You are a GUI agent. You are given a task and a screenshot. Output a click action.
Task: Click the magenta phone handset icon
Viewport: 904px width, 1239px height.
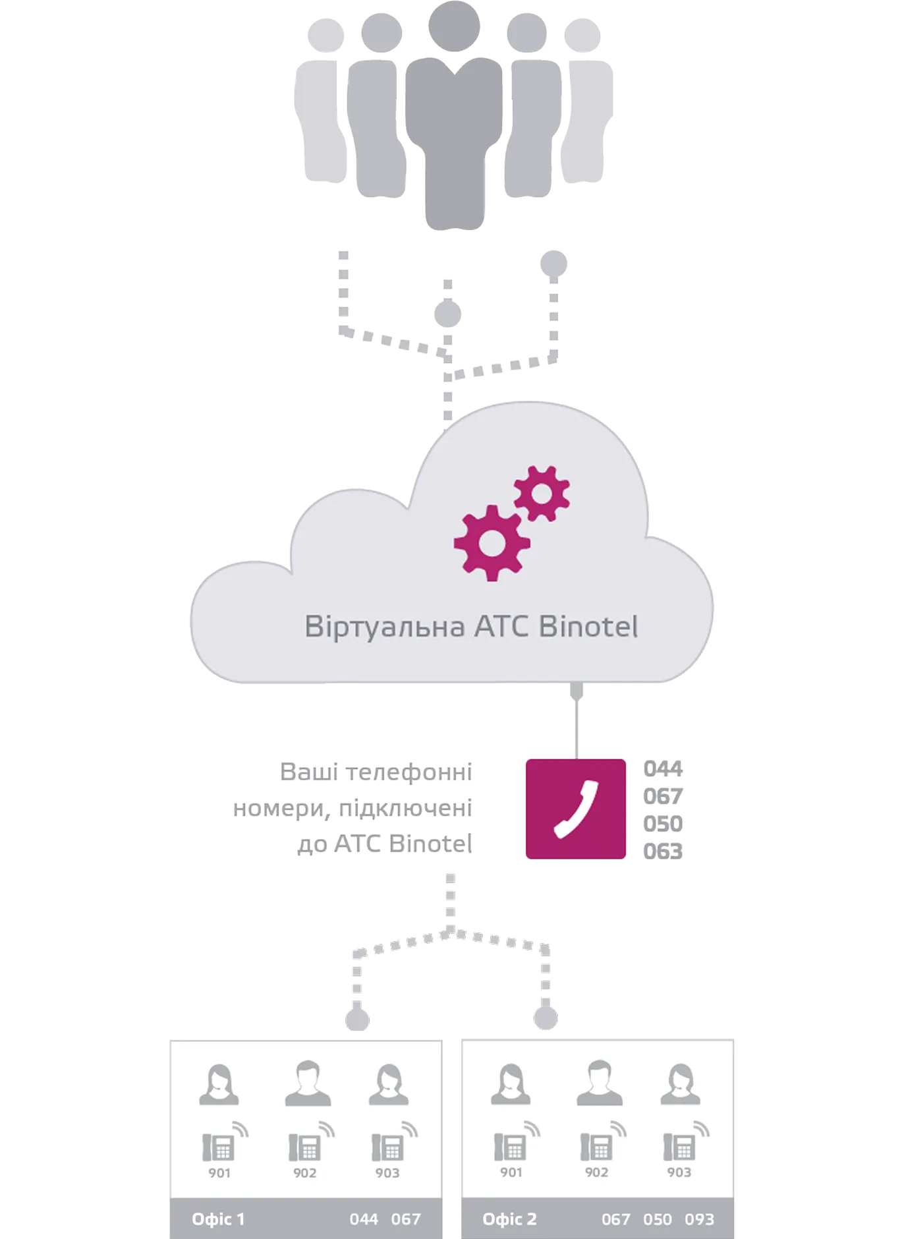tap(575, 809)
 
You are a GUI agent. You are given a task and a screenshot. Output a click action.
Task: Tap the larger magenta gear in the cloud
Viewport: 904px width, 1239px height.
tap(492, 543)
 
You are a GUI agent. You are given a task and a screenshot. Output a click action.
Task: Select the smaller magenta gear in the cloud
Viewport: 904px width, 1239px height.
tap(542, 494)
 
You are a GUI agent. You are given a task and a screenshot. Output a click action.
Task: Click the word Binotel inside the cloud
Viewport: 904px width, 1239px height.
tap(588, 626)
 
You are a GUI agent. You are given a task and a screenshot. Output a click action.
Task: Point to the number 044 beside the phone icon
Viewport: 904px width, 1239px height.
tap(663, 768)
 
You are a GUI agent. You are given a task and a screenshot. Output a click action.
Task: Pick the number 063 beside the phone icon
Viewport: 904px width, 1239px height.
tap(663, 851)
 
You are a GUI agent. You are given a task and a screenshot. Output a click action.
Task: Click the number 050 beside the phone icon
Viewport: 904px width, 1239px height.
tap(663, 824)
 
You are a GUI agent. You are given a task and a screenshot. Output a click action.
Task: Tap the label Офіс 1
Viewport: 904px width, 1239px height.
tap(218, 1219)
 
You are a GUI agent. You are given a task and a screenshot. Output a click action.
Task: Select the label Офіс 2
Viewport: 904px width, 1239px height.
tap(509, 1219)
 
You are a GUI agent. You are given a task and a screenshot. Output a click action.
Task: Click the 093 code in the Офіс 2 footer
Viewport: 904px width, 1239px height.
tap(699, 1219)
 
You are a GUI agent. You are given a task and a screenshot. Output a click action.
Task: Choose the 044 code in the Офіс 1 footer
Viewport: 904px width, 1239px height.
tap(364, 1219)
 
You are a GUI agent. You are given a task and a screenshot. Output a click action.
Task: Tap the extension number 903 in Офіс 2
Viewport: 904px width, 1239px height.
tap(679, 1172)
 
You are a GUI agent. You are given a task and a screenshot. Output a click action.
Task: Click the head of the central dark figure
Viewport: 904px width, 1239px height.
tap(454, 26)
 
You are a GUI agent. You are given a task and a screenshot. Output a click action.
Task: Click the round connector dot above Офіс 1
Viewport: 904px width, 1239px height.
tap(357, 1019)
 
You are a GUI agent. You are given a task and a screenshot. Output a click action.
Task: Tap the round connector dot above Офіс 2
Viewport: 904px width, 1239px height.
tap(546, 1018)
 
